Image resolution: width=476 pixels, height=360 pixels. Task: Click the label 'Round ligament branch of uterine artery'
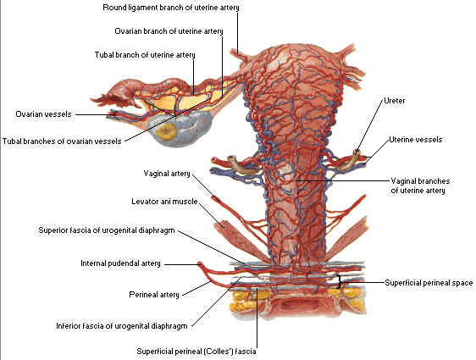tap(171, 8)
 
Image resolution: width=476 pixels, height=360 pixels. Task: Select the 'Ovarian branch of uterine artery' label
tap(169, 31)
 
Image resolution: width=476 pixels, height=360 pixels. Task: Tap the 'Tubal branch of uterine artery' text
tap(145, 55)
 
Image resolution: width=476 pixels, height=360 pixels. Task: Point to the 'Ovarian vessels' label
tap(43, 114)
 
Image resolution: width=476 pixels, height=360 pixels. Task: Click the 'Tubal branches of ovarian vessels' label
tap(62, 141)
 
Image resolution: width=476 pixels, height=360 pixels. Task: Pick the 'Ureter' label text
tap(395, 101)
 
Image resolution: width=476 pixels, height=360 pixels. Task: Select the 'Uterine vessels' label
tap(416, 140)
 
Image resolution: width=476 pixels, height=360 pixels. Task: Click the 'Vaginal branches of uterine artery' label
tap(420, 186)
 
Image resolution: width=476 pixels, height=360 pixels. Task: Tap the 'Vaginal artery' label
tap(167, 174)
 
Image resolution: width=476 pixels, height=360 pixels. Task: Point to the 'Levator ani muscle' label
tap(164, 202)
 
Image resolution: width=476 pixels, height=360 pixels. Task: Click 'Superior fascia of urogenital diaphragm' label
tap(107, 230)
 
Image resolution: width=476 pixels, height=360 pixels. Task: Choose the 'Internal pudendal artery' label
tap(120, 263)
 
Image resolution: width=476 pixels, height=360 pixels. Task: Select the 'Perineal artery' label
tap(154, 295)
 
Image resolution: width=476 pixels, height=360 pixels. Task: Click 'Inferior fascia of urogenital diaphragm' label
tap(122, 326)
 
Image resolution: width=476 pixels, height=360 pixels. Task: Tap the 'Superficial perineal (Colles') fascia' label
tap(196, 352)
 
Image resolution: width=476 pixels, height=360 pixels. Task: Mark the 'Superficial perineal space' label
tap(429, 283)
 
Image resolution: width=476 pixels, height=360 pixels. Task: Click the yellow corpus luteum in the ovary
tap(167, 131)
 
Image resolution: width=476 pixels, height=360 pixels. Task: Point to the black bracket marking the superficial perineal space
tap(339, 281)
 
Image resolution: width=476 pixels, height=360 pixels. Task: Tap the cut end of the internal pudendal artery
tap(199, 263)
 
